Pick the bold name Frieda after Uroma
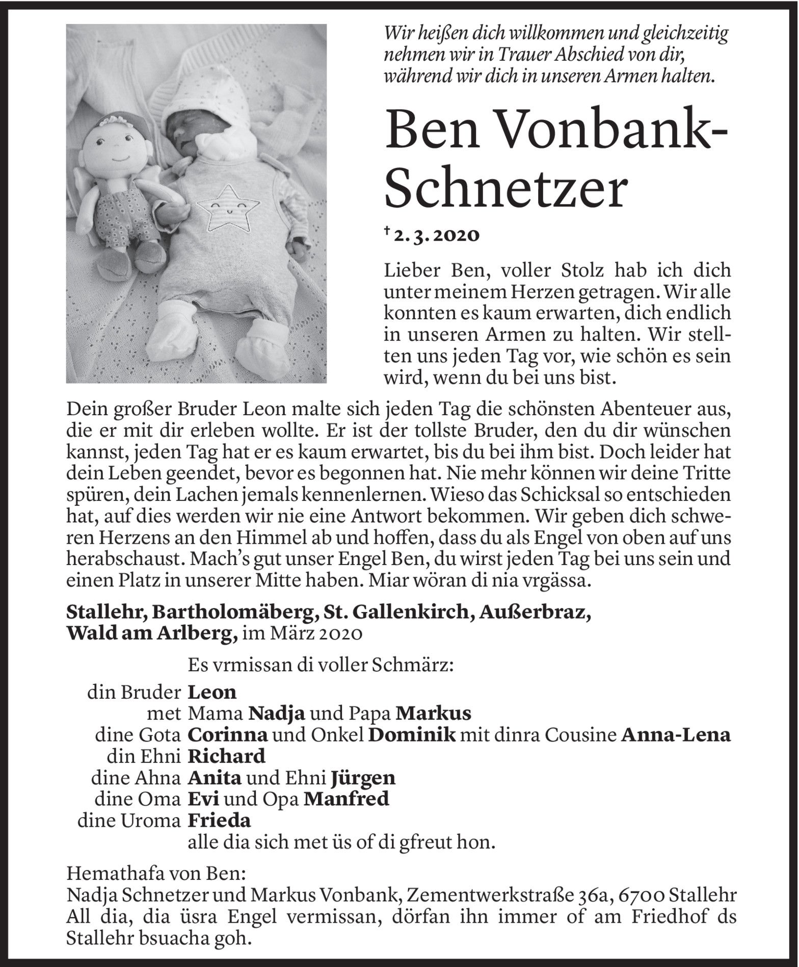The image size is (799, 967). point(220,821)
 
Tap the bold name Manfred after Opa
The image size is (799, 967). point(346,799)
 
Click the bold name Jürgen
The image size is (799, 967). point(362,777)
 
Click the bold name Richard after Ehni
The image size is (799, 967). point(227,755)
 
